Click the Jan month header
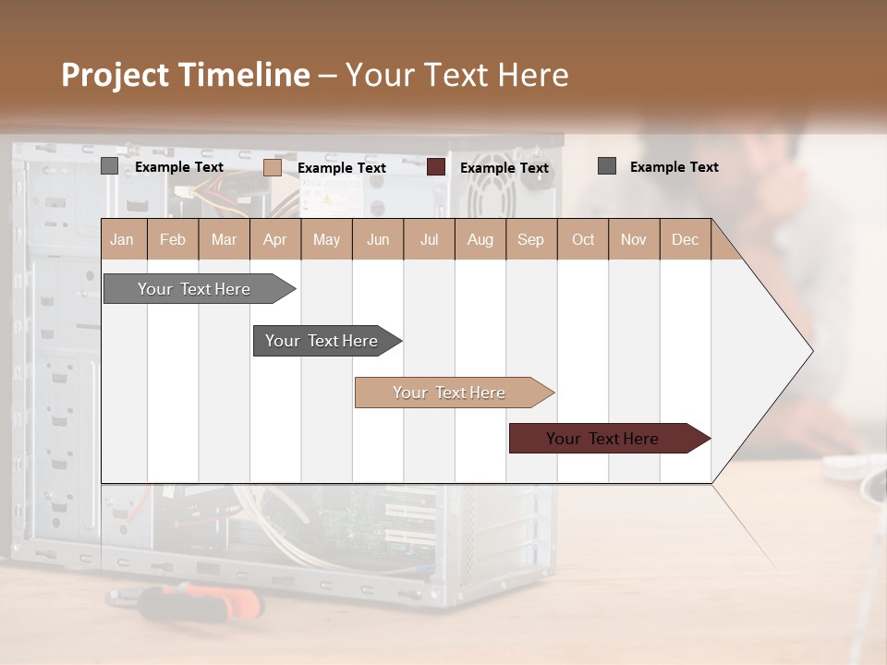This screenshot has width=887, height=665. pyautogui.click(x=122, y=239)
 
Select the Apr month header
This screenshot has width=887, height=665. pyautogui.click(x=275, y=239)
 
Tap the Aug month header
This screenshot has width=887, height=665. pyautogui.click(x=480, y=239)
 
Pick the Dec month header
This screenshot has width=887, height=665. pyautogui.click(x=685, y=239)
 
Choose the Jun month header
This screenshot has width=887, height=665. pyautogui.click(x=378, y=239)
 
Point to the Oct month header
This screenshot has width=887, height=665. pyautogui.click(x=583, y=239)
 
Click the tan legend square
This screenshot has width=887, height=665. pyautogui.click(x=273, y=167)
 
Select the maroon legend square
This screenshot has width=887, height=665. pyautogui.click(x=436, y=167)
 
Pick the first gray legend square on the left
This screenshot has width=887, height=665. pyautogui.click(x=110, y=166)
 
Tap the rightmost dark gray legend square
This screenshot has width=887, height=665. pyautogui.click(x=607, y=166)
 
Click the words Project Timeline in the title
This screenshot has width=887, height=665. pyautogui.click(x=185, y=75)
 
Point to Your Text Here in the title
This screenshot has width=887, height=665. pyautogui.click(x=457, y=75)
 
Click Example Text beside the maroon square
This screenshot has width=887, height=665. pyautogui.click(x=504, y=168)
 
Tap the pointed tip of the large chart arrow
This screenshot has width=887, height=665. pyautogui.click(x=810, y=351)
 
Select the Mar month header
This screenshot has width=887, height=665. pyautogui.click(x=224, y=239)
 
